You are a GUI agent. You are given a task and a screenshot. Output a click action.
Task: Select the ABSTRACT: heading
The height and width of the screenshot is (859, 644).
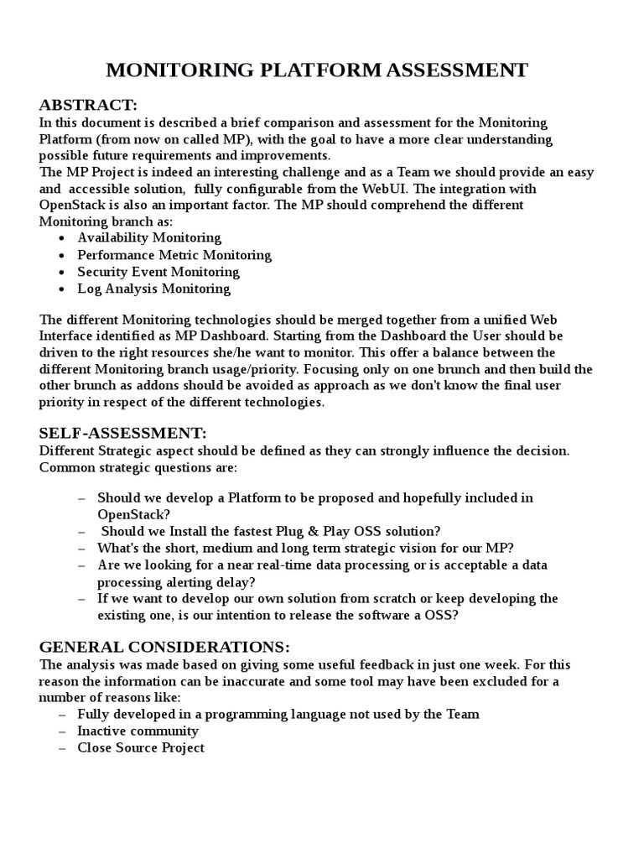click(88, 105)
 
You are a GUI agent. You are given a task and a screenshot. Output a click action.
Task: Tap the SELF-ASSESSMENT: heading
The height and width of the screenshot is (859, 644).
click(122, 433)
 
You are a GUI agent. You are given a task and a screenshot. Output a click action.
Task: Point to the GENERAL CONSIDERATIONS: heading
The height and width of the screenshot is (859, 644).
click(164, 647)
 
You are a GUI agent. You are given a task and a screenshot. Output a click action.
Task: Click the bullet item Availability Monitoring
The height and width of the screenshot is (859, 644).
click(149, 238)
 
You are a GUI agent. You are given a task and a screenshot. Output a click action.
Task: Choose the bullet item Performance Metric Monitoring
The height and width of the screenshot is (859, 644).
click(174, 255)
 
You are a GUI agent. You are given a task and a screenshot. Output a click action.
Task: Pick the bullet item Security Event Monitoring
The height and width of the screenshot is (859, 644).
click(158, 272)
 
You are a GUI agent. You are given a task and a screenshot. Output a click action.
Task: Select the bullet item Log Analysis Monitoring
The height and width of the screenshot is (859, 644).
click(153, 289)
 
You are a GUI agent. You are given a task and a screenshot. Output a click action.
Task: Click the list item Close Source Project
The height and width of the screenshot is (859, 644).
click(141, 747)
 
